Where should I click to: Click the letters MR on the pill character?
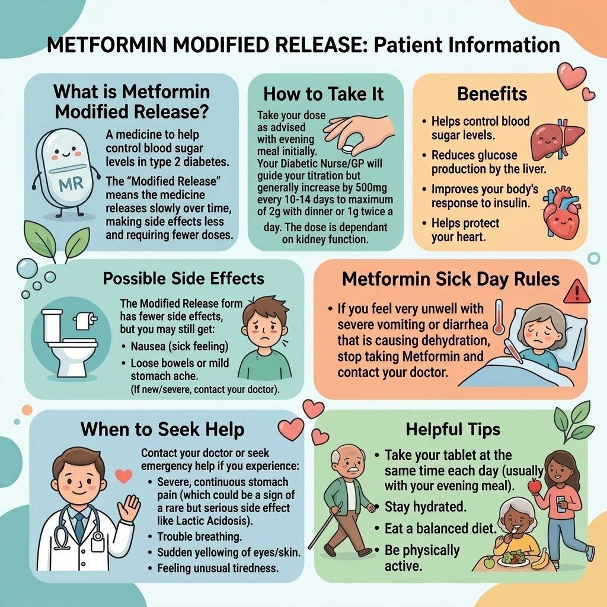(x=71, y=184)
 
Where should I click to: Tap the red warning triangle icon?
(x=577, y=292)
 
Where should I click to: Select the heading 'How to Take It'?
(x=324, y=94)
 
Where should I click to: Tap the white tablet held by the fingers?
(x=349, y=148)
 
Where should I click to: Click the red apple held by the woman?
(x=535, y=486)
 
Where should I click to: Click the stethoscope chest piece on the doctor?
(x=98, y=537)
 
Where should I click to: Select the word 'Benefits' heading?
(x=492, y=94)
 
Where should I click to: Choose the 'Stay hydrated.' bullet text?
(x=426, y=507)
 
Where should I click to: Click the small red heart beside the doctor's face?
(x=124, y=476)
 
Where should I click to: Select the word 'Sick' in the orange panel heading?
(x=454, y=279)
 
